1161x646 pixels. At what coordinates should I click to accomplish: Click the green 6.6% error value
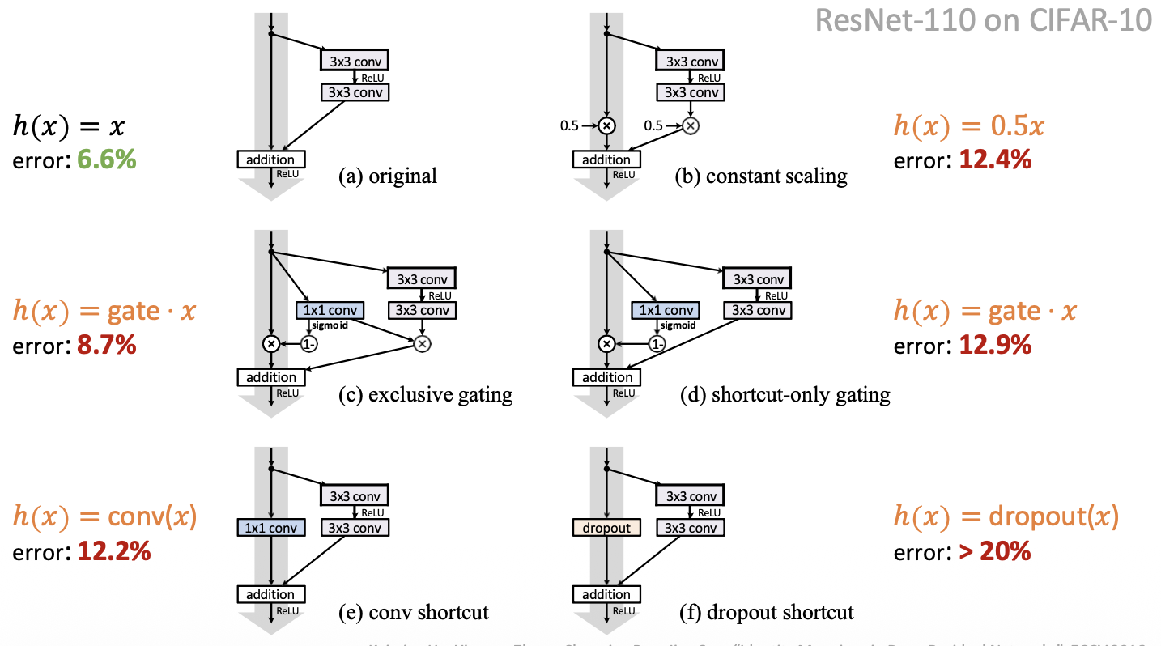click(107, 159)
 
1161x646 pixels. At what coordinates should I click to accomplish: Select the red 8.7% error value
click(107, 346)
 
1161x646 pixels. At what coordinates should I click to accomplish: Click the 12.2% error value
click(114, 552)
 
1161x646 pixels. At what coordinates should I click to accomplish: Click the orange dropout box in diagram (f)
click(606, 528)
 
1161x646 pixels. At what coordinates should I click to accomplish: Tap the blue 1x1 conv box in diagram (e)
click(271, 528)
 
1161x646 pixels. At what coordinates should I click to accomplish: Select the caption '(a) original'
click(387, 176)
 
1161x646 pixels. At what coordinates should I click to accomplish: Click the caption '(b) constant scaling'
click(761, 176)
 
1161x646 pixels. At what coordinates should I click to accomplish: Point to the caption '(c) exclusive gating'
click(426, 394)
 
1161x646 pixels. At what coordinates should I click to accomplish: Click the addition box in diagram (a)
click(270, 159)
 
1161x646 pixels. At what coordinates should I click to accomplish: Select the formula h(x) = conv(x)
click(105, 516)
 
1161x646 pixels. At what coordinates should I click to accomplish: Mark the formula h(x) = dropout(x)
click(1006, 516)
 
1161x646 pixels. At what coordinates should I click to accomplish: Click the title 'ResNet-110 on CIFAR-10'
click(983, 19)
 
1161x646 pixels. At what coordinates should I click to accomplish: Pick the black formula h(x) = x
click(69, 125)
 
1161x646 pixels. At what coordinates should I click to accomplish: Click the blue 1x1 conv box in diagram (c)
click(330, 310)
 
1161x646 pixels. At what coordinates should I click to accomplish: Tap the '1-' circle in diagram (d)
click(657, 344)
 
